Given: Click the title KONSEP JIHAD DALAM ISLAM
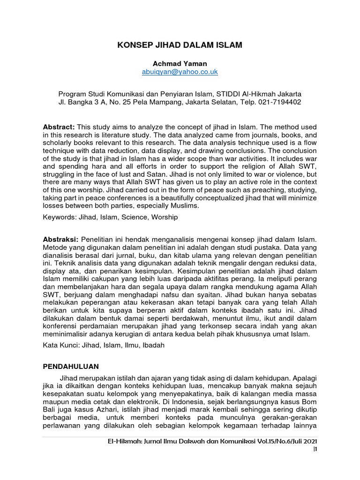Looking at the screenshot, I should pyautogui.click(x=180, y=45).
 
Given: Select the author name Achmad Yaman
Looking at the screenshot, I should pyautogui.click(x=180, y=63).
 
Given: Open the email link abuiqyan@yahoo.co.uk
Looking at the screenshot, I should pyautogui.click(x=180, y=72).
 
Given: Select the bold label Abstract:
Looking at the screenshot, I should pyautogui.click(x=59, y=127).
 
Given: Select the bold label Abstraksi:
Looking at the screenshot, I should pyautogui.click(x=60, y=240).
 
